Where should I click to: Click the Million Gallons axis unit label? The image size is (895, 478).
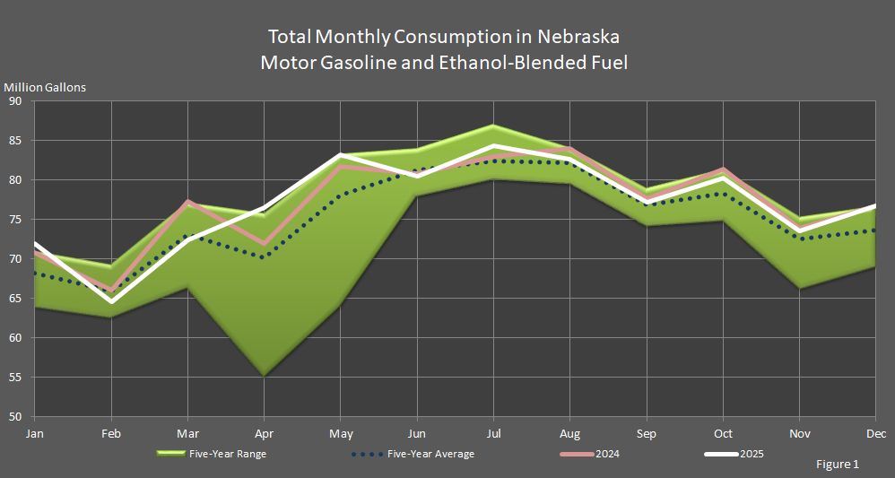46,87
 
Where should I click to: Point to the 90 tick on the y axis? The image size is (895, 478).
15,101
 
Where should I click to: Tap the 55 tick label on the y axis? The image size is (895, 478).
15,378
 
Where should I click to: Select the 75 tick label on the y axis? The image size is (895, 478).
15,220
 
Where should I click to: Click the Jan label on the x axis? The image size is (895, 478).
34,433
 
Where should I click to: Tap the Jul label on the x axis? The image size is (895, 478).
494,433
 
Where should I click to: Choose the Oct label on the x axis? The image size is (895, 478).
725,433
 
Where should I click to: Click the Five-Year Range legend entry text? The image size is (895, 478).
228,454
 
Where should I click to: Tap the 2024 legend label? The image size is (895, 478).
607,454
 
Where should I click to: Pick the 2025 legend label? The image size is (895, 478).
752,454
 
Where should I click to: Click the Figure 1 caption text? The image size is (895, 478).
838,465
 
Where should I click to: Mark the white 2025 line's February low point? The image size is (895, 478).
111,302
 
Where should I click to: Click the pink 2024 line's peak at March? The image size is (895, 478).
188,202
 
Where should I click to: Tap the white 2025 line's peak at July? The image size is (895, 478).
494,145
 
